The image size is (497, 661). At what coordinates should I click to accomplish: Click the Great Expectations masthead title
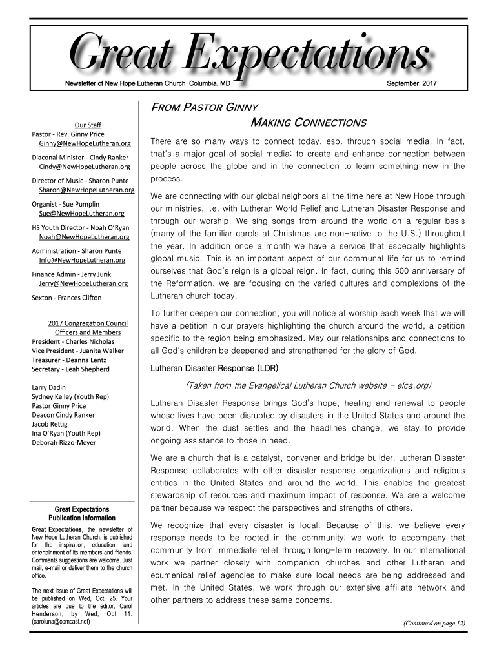pyautogui.click(x=249, y=54)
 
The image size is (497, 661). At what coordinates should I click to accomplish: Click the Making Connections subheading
pyautogui.click(x=308, y=123)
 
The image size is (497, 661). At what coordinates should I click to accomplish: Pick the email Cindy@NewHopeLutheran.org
pyautogui.click(x=84, y=166)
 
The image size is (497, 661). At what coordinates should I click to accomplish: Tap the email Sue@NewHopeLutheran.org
pyautogui.click(x=81, y=213)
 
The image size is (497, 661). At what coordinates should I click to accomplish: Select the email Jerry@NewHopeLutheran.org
pyautogui.click(x=83, y=283)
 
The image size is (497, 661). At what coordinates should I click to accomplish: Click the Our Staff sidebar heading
pyautogui.click(x=87, y=125)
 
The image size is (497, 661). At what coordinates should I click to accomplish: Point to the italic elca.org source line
pyautogui.click(x=308, y=386)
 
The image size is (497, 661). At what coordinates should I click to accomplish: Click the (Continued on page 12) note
pyautogui.click(x=434, y=623)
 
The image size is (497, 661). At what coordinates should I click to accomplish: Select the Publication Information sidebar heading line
pyautogui.click(x=82, y=518)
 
